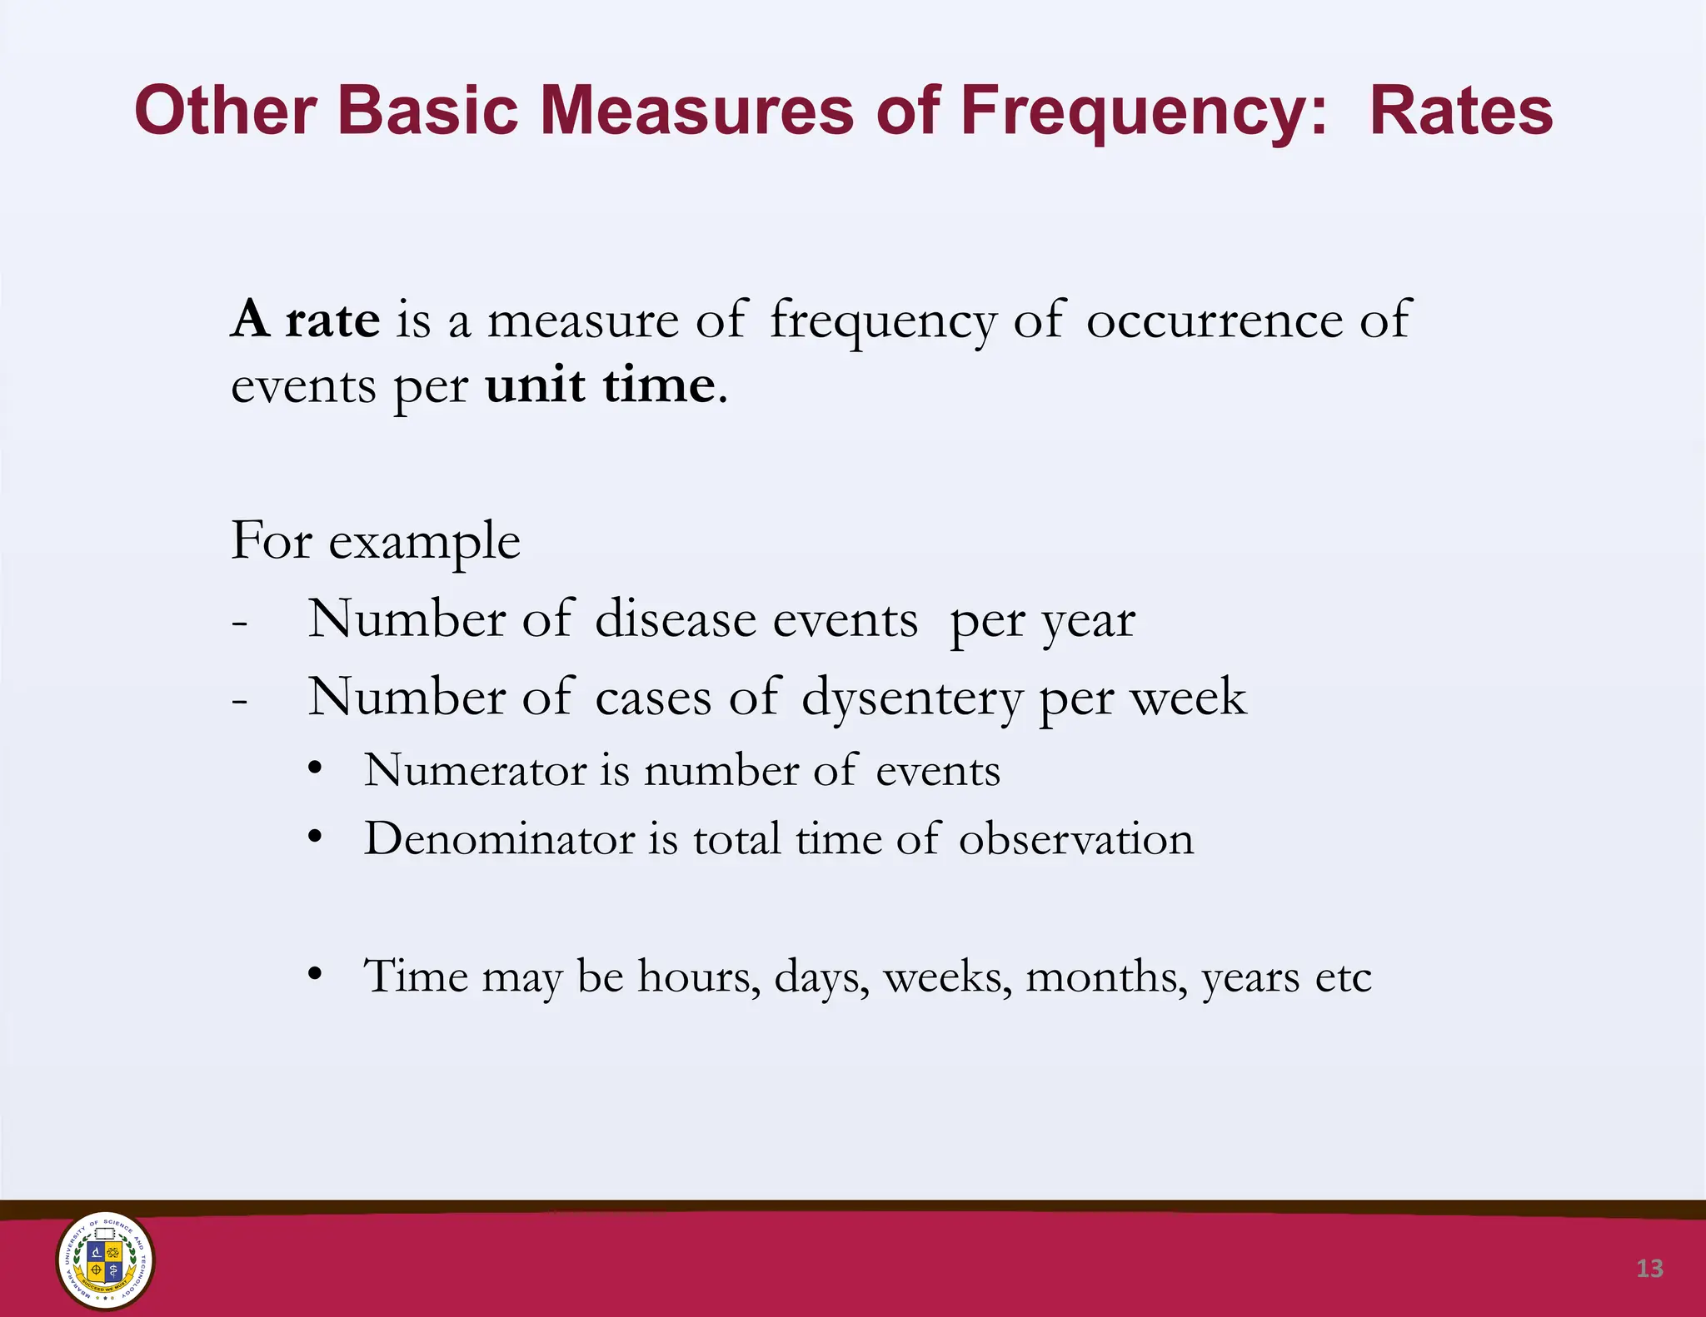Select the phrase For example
coord(375,541)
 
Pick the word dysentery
coord(911,697)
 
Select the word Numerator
coord(475,770)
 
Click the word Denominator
coord(499,838)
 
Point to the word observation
coord(1076,838)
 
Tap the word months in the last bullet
coord(1106,976)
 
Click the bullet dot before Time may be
coord(314,973)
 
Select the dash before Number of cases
coord(240,701)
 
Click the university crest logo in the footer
coord(105,1260)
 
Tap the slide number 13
coord(1649,1268)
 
